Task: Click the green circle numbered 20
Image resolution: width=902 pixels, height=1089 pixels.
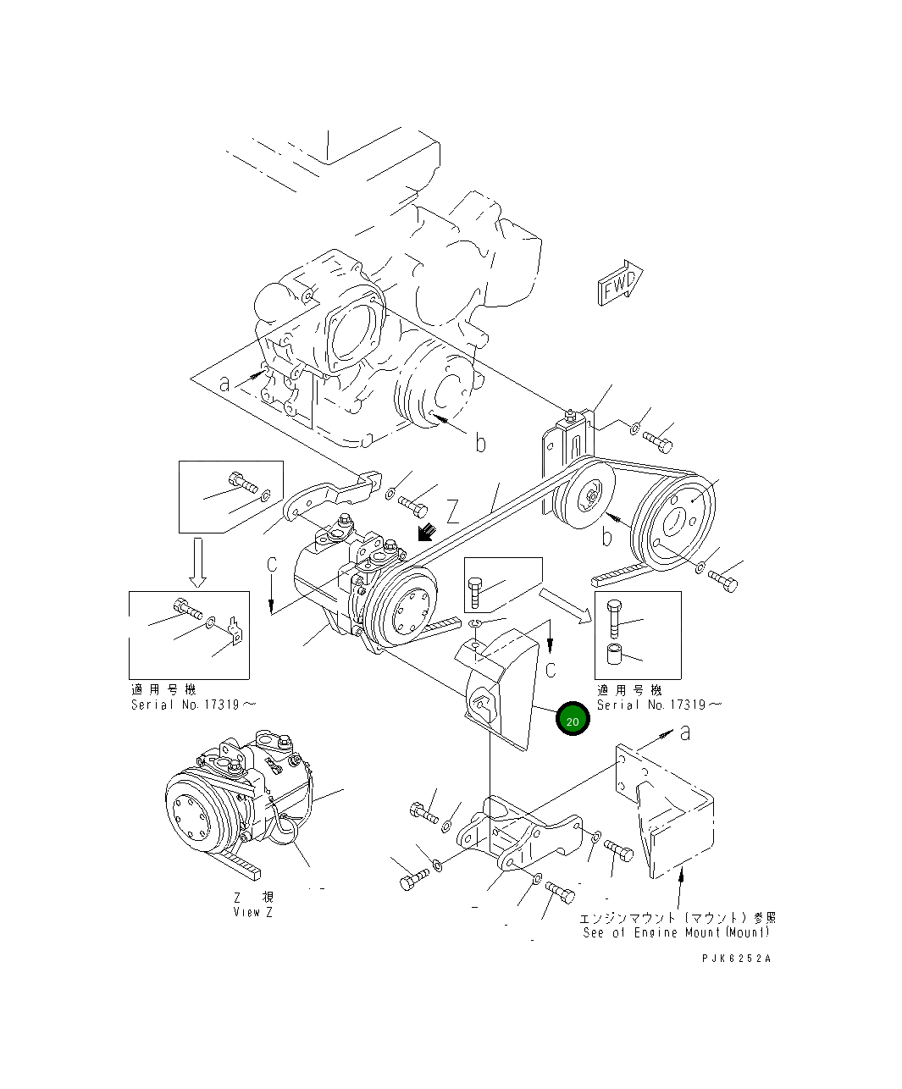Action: point(573,720)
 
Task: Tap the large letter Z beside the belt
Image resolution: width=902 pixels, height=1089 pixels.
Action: point(454,511)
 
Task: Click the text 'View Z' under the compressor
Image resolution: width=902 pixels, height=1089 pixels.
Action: point(253,912)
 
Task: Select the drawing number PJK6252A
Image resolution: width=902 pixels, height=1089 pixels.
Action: point(736,958)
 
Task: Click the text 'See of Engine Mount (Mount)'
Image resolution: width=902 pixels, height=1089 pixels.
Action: point(677,932)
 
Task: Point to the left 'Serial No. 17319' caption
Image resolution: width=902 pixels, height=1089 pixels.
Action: point(193,705)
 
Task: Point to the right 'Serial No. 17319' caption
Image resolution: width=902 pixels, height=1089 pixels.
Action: point(660,705)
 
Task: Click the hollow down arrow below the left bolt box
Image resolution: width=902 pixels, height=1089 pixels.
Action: point(197,561)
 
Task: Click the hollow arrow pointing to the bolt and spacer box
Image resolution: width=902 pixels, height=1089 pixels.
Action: point(567,605)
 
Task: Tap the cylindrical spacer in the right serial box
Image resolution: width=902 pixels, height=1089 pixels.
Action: point(614,655)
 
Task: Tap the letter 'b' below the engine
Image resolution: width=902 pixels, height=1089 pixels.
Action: point(480,443)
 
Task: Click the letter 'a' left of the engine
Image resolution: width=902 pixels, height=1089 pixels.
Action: point(224,384)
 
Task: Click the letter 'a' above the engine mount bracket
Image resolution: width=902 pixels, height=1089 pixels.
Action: point(685,732)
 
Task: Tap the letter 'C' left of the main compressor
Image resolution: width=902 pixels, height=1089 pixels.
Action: point(272,565)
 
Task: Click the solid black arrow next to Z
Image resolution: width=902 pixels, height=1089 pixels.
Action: point(427,533)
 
